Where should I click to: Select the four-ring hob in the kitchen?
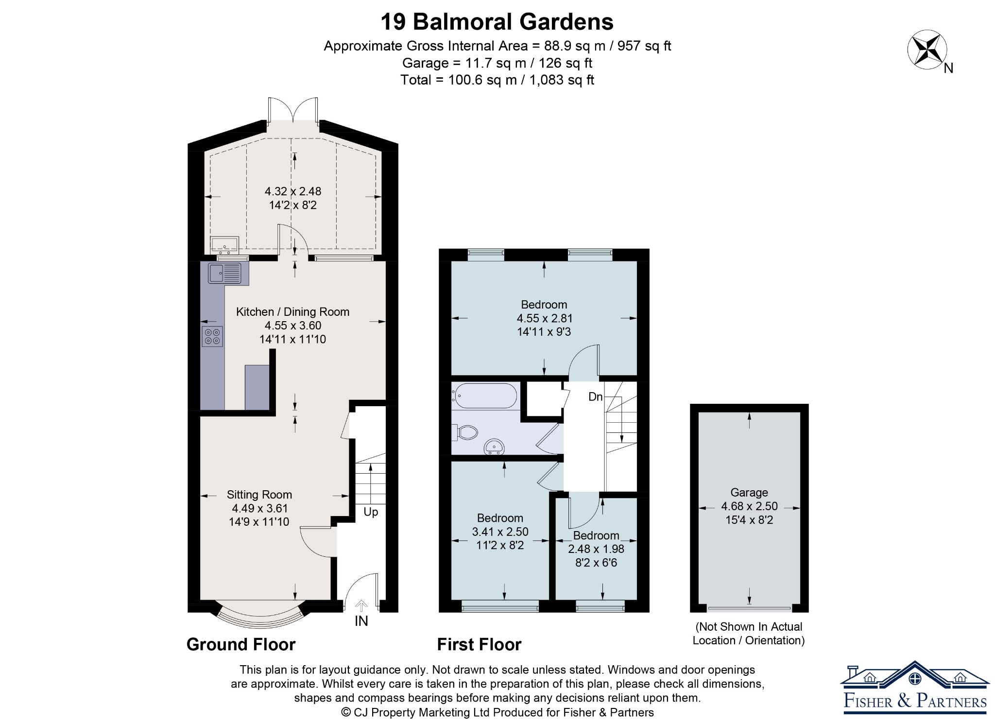pyautogui.click(x=212, y=336)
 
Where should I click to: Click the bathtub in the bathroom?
pyautogui.click(x=484, y=396)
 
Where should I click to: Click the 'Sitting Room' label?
pyautogui.click(x=259, y=495)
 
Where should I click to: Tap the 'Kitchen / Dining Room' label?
pyautogui.click(x=293, y=312)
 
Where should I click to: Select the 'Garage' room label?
pyautogui.click(x=749, y=493)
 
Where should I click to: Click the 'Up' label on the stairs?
pyautogui.click(x=371, y=512)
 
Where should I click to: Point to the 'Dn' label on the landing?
pyautogui.click(x=595, y=397)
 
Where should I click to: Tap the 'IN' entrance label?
pyautogui.click(x=361, y=621)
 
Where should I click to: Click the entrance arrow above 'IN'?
pyautogui.click(x=361, y=606)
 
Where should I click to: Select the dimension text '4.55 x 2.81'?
pyautogui.click(x=545, y=318)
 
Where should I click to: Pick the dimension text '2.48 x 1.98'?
pyautogui.click(x=596, y=549)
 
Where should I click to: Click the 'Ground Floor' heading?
pyautogui.click(x=241, y=645)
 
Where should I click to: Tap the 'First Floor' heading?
pyautogui.click(x=479, y=645)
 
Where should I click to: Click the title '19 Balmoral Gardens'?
pyautogui.click(x=497, y=22)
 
